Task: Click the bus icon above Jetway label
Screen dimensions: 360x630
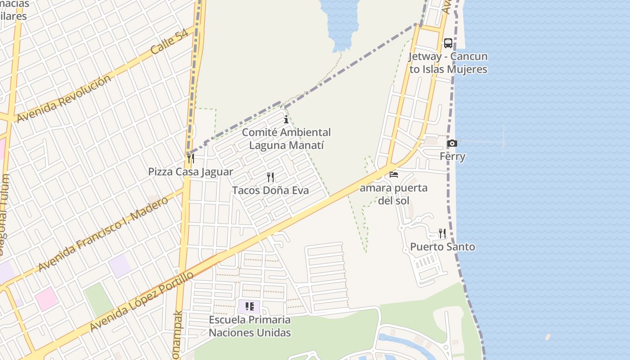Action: click(448, 43)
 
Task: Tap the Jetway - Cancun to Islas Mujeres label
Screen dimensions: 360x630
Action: click(448, 63)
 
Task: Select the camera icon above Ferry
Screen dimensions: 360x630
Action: click(452, 144)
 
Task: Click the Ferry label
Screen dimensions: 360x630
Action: click(452, 157)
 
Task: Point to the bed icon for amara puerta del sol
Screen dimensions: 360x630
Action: click(394, 175)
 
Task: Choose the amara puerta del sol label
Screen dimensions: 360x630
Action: click(394, 194)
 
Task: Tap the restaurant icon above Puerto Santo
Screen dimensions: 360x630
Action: click(442, 233)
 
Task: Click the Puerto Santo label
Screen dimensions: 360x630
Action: click(442, 247)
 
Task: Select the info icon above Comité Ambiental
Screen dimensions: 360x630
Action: click(286, 119)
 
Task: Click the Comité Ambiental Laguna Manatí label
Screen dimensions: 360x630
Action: click(286, 139)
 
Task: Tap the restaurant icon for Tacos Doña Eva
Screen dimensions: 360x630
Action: click(270, 177)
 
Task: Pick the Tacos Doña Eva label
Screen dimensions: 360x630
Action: click(270, 190)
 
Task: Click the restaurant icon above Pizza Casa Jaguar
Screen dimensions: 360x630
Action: click(191, 158)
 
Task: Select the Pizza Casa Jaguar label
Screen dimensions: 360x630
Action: click(191, 172)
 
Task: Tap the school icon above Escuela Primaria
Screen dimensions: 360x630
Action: click(250, 307)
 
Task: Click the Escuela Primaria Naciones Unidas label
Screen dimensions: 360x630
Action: click(250, 326)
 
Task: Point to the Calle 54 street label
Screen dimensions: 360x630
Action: click(169, 43)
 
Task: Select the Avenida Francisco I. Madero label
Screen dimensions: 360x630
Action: click(103, 234)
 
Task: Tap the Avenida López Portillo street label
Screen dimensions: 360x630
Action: click(142, 301)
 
